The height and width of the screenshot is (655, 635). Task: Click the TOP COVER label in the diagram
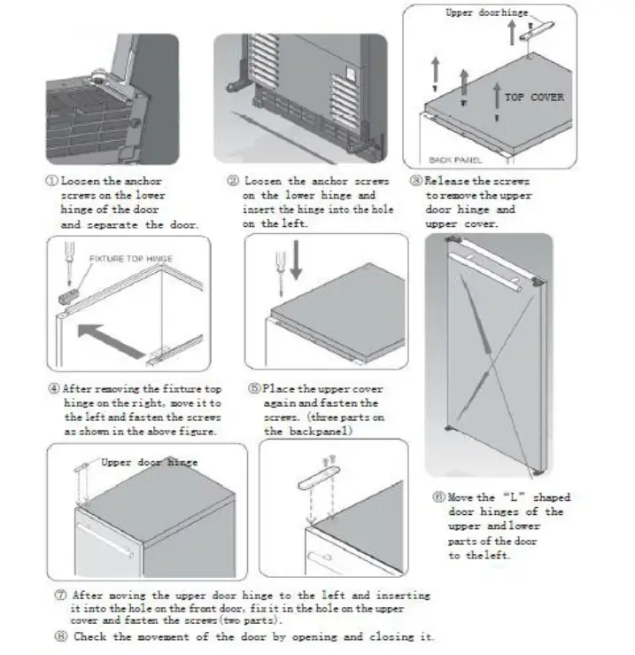pyautogui.click(x=534, y=97)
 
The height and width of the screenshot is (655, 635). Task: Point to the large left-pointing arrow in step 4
pyautogui.click(x=110, y=339)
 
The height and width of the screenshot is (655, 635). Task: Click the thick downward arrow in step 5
pyautogui.click(x=294, y=267)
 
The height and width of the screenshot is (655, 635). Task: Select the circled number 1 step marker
pyautogui.click(x=52, y=180)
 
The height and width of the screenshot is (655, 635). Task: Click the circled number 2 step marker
pyautogui.click(x=233, y=180)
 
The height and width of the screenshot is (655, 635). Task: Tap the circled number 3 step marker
pyautogui.click(x=415, y=180)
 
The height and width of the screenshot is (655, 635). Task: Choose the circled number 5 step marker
pyautogui.click(x=253, y=389)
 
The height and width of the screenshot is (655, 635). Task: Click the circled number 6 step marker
pyautogui.click(x=438, y=497)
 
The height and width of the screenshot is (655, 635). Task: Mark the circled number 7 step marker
pyautogui.click(x=58, y=595)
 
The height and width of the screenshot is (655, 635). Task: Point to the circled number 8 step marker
pyautogui.click(x=58, y=636)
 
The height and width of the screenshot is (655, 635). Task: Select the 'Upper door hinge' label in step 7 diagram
pyautogui.click(x=150, y=462)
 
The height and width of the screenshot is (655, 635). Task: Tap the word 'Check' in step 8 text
pyautogui.click(x=90, y=636)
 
